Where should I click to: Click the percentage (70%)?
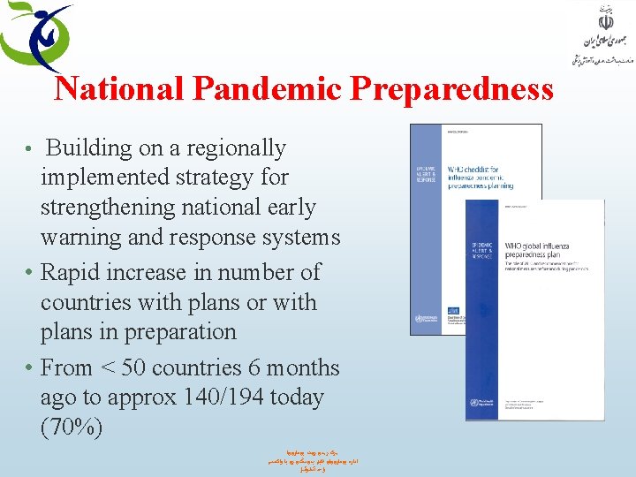72,428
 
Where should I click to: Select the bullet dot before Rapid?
30,272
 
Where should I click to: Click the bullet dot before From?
30,367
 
